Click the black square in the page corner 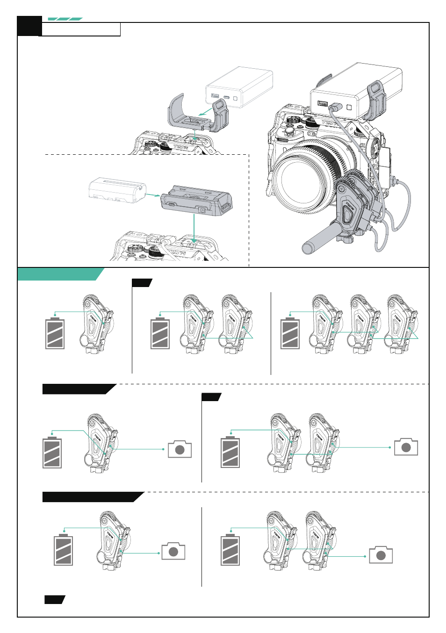pos(29,26)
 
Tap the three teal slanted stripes pos(65,19)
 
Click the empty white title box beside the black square pos(80,29)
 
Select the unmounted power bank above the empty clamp pos(239,87)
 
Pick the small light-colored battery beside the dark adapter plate pos(117,190)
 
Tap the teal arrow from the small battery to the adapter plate pos(153,195)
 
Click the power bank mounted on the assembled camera pos(355,91)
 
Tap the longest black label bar pos(93,497)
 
